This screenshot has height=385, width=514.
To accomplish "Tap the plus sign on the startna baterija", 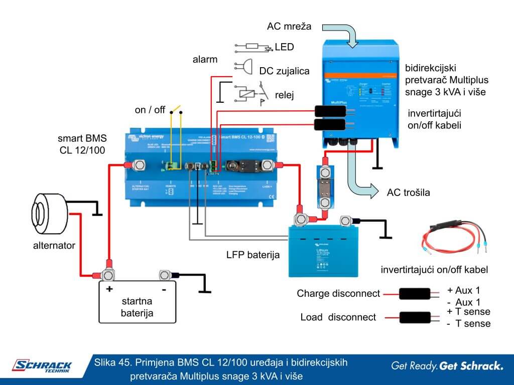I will [x=109, y=290].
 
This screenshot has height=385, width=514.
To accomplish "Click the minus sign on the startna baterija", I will [x=164, y=290].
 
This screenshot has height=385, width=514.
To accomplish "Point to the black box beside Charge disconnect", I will [x=414, y=294].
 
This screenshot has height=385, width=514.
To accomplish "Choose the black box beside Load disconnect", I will [x=414, y=317].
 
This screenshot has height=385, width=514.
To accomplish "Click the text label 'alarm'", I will [x=205, y=60].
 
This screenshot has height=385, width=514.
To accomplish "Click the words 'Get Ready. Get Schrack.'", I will [x=447, y=366].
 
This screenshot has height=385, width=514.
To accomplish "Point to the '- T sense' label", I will [x=468, y=323].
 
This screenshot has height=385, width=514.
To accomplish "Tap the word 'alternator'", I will [x=54, y=246].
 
